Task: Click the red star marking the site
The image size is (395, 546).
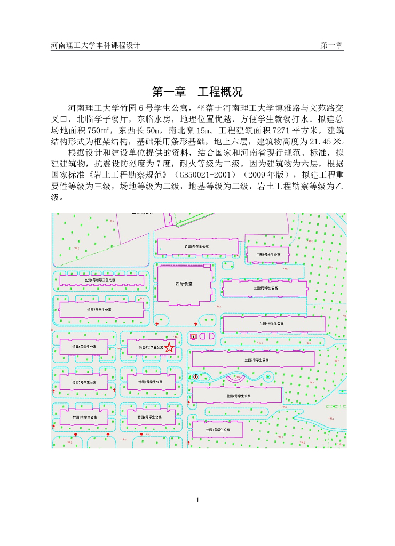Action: coord(169,348)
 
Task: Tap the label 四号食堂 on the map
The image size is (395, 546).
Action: coord(184,283)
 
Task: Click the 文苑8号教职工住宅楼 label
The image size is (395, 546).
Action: coord(100,279)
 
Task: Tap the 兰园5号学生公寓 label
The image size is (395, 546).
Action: coord(266,287)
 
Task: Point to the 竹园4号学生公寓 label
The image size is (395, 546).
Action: coord(150,382)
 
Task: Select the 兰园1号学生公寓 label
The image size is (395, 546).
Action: coord(218,429)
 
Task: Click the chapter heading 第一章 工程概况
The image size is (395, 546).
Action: coord(197,91)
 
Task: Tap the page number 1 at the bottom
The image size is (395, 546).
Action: coord(197,500)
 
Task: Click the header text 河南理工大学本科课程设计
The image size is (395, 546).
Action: coord(95,45)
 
